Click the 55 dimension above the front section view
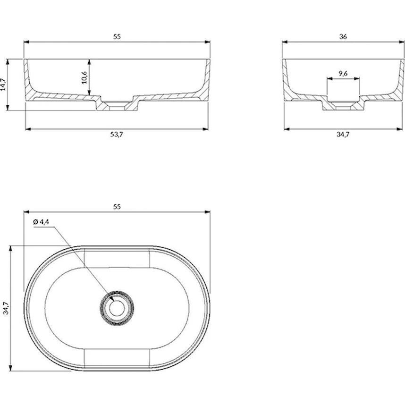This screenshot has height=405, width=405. [117, 37]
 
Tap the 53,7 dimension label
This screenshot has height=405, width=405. [117, 135]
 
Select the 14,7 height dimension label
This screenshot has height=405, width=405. [3, 84]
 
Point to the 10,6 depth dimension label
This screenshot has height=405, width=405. [84, 77]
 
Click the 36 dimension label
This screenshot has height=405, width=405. [343, 37]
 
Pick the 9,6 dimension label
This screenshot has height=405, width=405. [343, 74]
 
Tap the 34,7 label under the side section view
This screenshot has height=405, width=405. [343, 135]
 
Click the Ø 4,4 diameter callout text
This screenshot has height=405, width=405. [41, 222]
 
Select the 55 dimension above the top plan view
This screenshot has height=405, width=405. [117, 207]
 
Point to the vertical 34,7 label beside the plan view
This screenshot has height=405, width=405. [6, 308]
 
